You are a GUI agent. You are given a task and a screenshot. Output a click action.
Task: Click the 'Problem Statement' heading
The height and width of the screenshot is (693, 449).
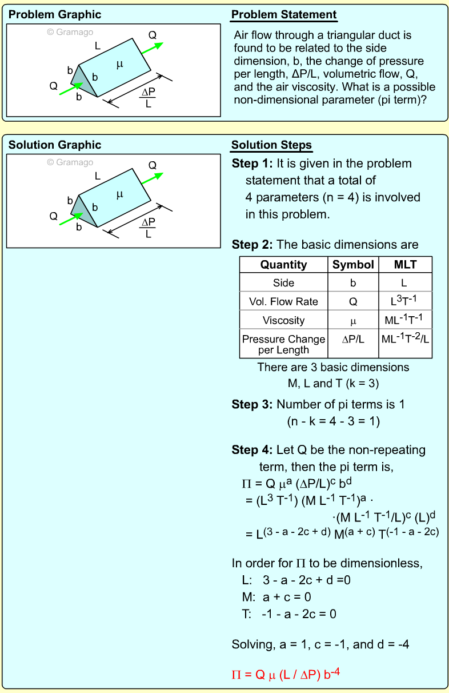tap(284, 15)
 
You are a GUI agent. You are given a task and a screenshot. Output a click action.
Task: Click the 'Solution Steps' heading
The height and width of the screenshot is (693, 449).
tap(271, 145)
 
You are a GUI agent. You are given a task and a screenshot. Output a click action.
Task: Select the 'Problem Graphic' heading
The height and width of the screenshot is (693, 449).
tap(55, 15)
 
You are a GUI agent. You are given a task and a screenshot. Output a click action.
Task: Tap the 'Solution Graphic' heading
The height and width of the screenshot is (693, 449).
tap(55, 145)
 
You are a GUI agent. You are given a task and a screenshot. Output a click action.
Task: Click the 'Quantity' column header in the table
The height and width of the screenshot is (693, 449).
tap(283, 265)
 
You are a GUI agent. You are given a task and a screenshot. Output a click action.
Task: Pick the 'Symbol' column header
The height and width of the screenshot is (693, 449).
tap(353, 265)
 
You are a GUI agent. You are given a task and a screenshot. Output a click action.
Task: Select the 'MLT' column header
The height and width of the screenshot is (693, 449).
tap(405, 265)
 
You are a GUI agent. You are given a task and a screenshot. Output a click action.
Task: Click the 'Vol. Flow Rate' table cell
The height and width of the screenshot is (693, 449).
tap(283, 301)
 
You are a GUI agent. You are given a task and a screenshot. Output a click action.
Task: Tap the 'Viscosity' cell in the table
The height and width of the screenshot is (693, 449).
tap(283, 320)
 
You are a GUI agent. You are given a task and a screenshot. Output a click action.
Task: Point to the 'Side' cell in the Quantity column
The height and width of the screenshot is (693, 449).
tap(283, 283)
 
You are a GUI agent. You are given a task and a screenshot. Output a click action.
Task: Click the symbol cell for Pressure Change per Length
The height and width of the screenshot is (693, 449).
tap(353, 339)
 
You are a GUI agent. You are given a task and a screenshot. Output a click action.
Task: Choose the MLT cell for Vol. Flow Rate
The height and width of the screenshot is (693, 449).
tap(405, 301)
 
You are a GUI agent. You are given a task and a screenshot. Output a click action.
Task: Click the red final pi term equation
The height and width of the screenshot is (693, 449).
tap(286, 674)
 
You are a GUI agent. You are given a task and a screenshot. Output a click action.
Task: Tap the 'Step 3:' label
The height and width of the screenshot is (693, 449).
tap(252, 405)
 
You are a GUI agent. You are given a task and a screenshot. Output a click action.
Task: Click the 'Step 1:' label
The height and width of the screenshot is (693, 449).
tap(252, 164)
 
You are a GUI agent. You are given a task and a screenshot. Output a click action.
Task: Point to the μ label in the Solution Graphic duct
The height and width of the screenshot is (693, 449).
tap(119, 195)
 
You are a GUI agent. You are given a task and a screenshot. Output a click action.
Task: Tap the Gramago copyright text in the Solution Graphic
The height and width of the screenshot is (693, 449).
tap(70, 162)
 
